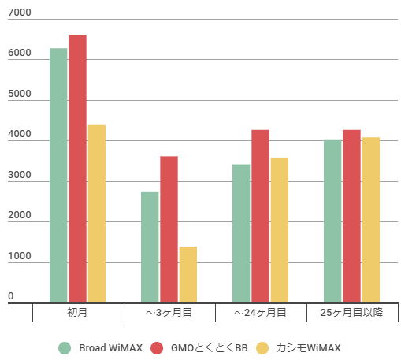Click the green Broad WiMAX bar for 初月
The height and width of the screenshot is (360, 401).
coord(58,175)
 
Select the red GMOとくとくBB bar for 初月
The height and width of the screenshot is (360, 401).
coord(77,169)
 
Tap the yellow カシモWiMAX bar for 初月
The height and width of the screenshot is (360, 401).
coord(97,213)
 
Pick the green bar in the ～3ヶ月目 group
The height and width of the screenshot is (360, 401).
coord(150,247)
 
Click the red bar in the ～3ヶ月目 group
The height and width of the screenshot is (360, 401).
coord(169,229)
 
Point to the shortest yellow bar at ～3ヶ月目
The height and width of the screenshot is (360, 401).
coord(188,274)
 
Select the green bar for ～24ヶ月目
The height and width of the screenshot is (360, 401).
coord(241,233)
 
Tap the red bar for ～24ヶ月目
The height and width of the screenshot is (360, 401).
coord(260,216)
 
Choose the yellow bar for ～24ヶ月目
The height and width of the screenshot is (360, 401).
coord(280,230)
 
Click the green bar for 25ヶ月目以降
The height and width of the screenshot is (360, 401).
coord(332,221)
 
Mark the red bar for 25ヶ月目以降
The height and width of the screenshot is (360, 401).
coord(351,216)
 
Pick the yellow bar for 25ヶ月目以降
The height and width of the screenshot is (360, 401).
coord(371,220)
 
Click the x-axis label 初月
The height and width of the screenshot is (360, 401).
coord(77,313)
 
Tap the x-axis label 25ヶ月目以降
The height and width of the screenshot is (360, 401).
coord(351,313)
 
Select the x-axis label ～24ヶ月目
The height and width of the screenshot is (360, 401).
coord(260,313)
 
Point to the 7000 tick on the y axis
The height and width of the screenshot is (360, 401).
coord(20,13)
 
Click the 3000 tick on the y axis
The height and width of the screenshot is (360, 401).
coord(20,176)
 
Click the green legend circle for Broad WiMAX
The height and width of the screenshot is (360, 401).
coord(65,347)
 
